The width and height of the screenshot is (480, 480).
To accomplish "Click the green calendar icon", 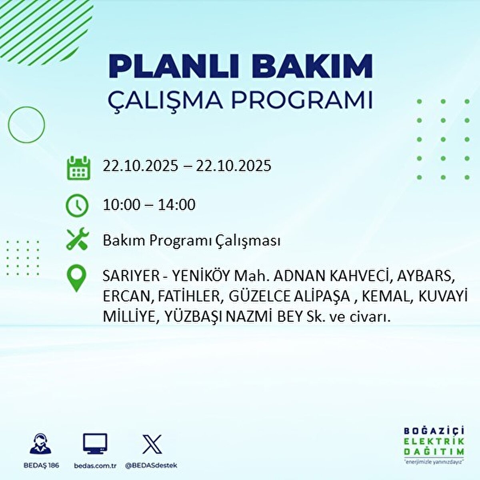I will click(78, 168).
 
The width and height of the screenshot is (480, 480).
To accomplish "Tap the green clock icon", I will click(77, 206).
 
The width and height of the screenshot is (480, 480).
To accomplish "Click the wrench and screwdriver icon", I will click(77, 239).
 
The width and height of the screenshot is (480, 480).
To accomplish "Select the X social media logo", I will click(152, 444).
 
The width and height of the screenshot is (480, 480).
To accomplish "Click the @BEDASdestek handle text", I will click(151, 466).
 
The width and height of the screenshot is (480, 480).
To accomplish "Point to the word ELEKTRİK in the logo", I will click(434, 441).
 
